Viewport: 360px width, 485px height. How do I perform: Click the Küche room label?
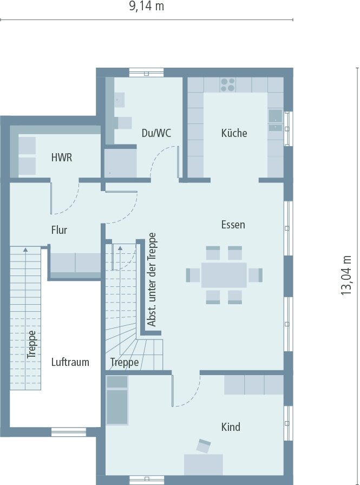234,133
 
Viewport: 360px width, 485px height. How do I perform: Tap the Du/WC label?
156,133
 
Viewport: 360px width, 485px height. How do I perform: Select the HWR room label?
62,158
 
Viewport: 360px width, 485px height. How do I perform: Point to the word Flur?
59,230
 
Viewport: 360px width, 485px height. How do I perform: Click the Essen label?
233,225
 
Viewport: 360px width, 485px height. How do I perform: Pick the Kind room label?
231,427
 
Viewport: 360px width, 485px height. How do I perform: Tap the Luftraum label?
70,362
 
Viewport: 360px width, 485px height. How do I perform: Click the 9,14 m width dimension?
146,6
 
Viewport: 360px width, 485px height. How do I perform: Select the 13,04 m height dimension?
346,276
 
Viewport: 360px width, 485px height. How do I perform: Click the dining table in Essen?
224,275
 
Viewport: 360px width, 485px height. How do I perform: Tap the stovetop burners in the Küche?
228,85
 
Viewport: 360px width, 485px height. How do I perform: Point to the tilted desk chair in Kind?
204,445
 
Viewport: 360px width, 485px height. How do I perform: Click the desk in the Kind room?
204,464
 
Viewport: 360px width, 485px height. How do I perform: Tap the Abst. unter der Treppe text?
152,280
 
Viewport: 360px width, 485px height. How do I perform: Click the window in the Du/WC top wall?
147,73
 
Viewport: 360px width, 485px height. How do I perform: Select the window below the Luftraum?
69,432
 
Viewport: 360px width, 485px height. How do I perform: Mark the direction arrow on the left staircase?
25,318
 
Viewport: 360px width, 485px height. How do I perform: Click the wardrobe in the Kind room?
253,385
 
